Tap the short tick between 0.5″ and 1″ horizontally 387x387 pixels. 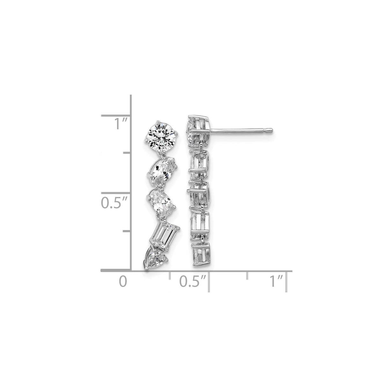pyautogui.click(x=248, y=276)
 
